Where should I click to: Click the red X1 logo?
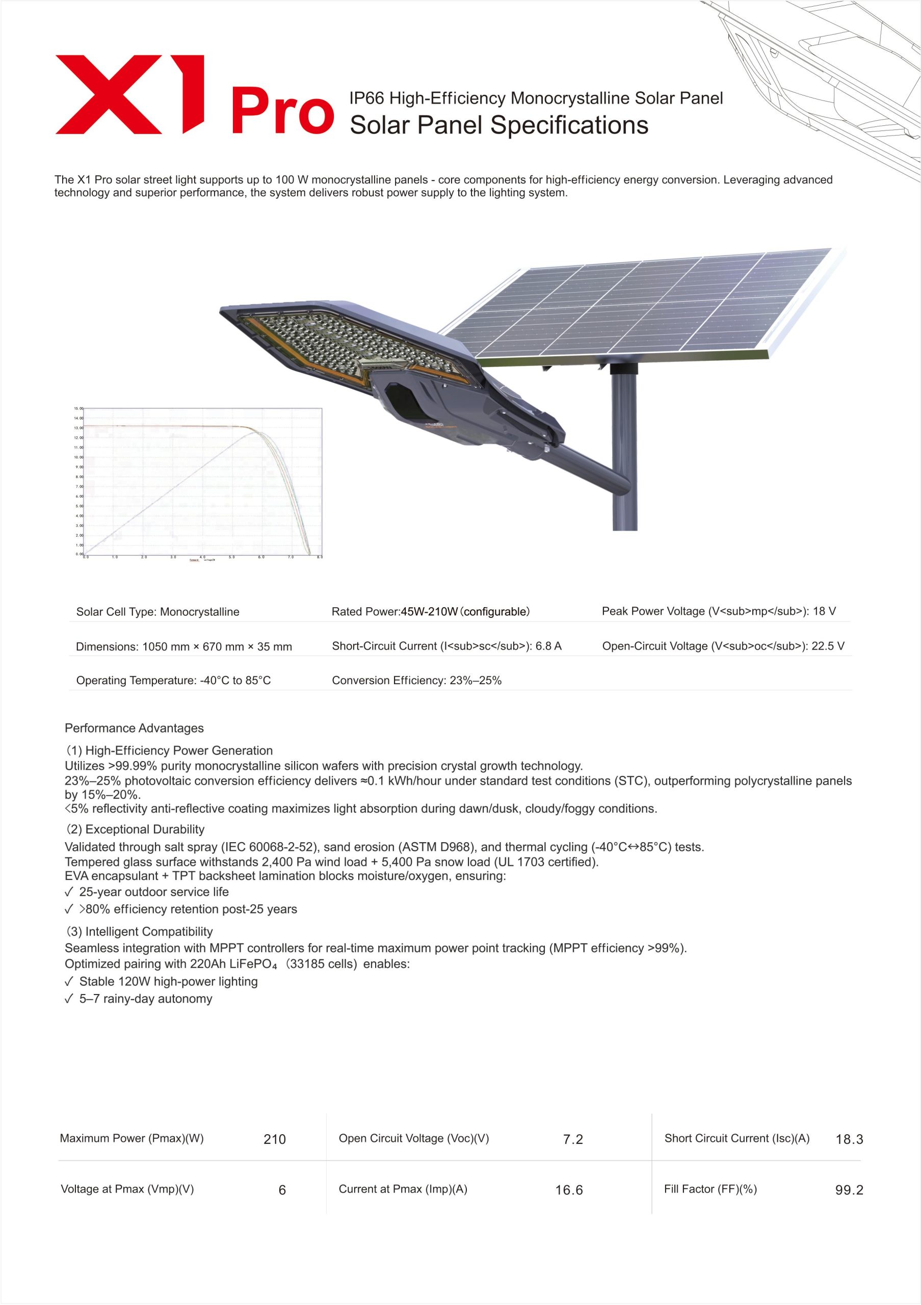[129, 94]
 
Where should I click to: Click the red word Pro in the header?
[282, 112]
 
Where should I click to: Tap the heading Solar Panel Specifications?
[499, 125]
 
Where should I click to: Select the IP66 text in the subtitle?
[366, 98]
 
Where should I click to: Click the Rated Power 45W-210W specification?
[430, 612]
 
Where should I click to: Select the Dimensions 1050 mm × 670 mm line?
[183, 646]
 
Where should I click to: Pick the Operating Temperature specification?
[173, 681]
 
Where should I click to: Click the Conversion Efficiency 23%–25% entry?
[416, 681]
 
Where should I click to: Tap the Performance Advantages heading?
[134, 728]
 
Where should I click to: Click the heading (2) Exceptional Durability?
[135, 829]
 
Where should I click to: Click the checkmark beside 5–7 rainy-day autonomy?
[69, 999]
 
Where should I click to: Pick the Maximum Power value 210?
[274, 1139]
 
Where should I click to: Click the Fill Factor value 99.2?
[849, 1190]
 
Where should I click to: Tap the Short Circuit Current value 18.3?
[849, 1139]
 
